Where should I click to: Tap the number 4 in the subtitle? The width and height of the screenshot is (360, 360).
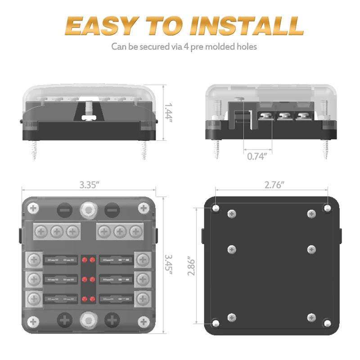click(x=186, y=46)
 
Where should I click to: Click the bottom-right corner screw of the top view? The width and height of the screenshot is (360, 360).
click(x=144, y=322)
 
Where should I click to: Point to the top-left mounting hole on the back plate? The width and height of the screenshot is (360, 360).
click(x=216, y=208)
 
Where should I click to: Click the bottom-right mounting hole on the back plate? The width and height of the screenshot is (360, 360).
click(x=328, y=323)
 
